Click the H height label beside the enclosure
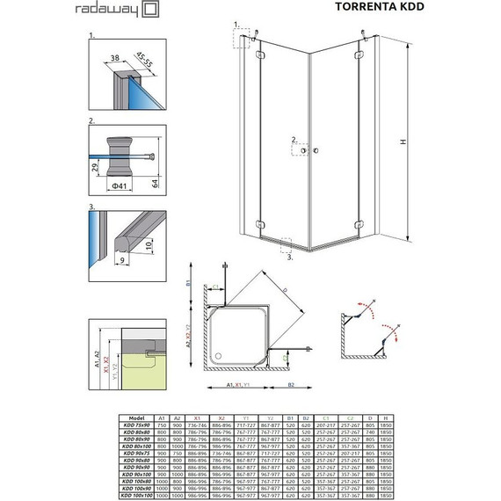pos(425,143)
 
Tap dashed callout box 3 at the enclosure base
pos(284,243)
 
